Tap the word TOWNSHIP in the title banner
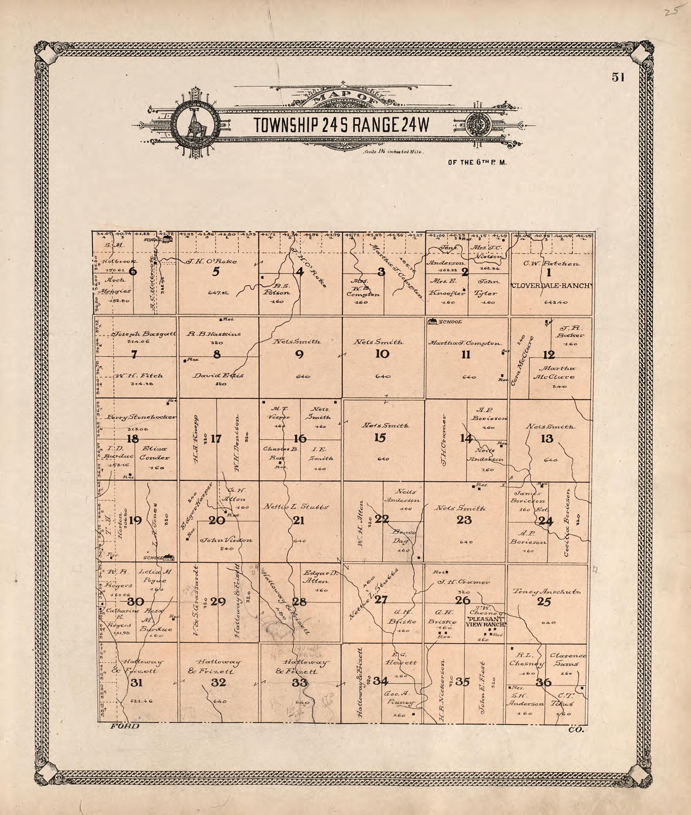pos(287,125)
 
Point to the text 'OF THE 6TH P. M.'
pos(477,162)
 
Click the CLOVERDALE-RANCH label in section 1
pos(550,286)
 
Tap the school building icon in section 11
pos(433,322)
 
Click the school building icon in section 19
pos(169,557)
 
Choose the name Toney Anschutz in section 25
pos(546,592)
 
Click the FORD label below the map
pos(125,726)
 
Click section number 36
pos(543,682)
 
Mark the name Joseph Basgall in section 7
pos(144,334)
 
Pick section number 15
pos(380,438)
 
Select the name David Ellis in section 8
pos(218,375)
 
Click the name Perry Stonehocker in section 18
pos(141,417)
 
